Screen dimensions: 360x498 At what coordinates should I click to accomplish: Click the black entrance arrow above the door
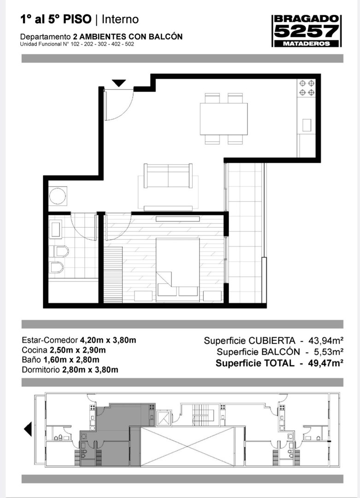pyautogui.click(x=119, y=83)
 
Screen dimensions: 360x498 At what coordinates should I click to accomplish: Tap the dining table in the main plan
pyautogui.click(x=224, y=119)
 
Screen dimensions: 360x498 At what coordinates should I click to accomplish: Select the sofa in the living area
pyautogui.click(x=168, y=176)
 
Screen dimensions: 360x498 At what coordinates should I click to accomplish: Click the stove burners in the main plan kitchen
pyautogui.click(x=307, y=88)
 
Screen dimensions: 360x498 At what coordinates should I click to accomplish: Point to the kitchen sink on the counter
pyautogui.click(x=307, y=125)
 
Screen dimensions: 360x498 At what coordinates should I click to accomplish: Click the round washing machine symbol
pyautogui.click(x=58, y=196)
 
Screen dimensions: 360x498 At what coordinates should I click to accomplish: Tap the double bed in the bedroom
pyautogui.click(x=177, y=270)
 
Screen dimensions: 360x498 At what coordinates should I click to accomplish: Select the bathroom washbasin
pyautogui.click(x=56, y=229)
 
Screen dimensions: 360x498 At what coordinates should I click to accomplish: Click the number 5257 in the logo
pyautogui.click(x=307, y=31)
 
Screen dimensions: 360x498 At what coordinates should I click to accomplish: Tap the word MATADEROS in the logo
pyautogui.click(x=307, y=43)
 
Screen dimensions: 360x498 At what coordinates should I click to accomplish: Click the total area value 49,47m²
pyautogui.click(x=325, y=363)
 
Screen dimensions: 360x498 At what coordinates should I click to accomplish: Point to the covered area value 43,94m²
pyautogui.click(x=326, y=340)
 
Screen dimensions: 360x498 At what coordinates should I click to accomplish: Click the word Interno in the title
pyautogui.click(x=120, y=19)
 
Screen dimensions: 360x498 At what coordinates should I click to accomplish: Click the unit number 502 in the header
pyautogui.click(x=130, y=44)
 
